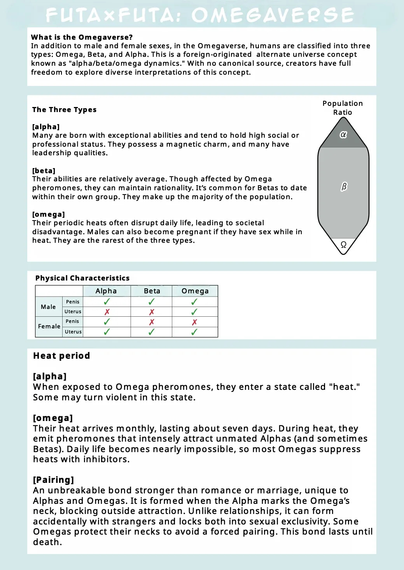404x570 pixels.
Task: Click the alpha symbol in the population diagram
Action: pyautogui.click(x=343, y=135)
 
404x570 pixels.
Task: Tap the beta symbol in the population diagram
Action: pyautogui.click(x=344, y=187)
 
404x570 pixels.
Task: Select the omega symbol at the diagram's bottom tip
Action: pyautogui.click(x=343, y=245)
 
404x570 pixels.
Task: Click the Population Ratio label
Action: pyautogui.click(x=343, y=108)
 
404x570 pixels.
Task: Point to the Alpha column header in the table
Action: pyautogui.click(x=106, y=291)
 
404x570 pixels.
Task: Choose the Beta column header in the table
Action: pyautogui.click(x=152, y=291)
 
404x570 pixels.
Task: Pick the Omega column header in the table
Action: pyautogui.click(x=195, y=291)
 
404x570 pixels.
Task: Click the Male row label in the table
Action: pyautogui.click(x=48, y=307)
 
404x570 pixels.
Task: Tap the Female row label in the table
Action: pyautogui.click(x=49, y=326)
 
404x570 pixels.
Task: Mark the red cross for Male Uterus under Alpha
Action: pyautogui.click(x=107, y=312)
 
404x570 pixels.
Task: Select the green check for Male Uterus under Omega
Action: pyautogui.click(x=194, y=312)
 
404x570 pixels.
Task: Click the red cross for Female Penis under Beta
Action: pyautogui.click(x=152, y=322)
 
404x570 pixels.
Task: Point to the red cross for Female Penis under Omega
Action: pyautogui.click(x=194, y=322)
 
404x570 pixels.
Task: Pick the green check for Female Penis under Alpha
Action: pyautogui.click(x=107, y=322)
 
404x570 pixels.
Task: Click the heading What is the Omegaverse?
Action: pyautogui.click(x=82, y=37)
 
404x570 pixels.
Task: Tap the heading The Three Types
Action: pyautogui.click(x=64, y=110)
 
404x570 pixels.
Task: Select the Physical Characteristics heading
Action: pyautogui.click(x=82, y=278)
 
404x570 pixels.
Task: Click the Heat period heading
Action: pyautogui.click(x=61, y=356)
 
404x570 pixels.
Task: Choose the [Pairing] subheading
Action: pyautogui.click(x=53, y=480)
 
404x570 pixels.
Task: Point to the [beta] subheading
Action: pyautogui.click(x=44, y=170)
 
